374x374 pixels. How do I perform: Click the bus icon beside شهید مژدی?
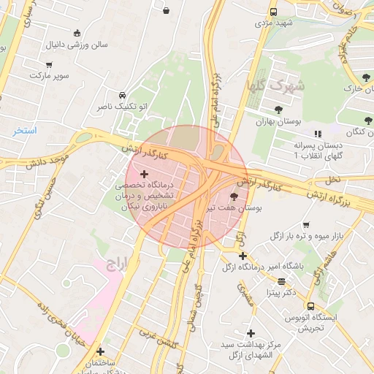pos(273,12)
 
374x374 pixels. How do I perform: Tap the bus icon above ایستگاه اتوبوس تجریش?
pos(310,307)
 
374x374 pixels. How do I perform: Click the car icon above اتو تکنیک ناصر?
pos(122,95)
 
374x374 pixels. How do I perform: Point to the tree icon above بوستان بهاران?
pos(278,110)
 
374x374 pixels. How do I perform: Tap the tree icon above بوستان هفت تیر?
pos(234,196)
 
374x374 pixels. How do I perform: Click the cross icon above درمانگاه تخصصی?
pos(144,175)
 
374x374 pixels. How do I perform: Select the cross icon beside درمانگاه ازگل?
pos(243,256)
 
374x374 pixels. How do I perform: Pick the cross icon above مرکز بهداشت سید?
pos(251,332)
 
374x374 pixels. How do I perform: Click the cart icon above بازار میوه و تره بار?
pos(305,224)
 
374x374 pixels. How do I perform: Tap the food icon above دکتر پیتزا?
pos(281,280)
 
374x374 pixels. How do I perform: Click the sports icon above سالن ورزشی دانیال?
pos(77,32)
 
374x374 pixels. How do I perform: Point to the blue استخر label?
pos(24,131)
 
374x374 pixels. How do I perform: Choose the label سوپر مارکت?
pos(47,75)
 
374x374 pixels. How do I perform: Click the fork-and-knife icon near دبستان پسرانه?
pos(317,134)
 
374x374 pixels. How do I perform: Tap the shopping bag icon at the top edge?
pos(167,11)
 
